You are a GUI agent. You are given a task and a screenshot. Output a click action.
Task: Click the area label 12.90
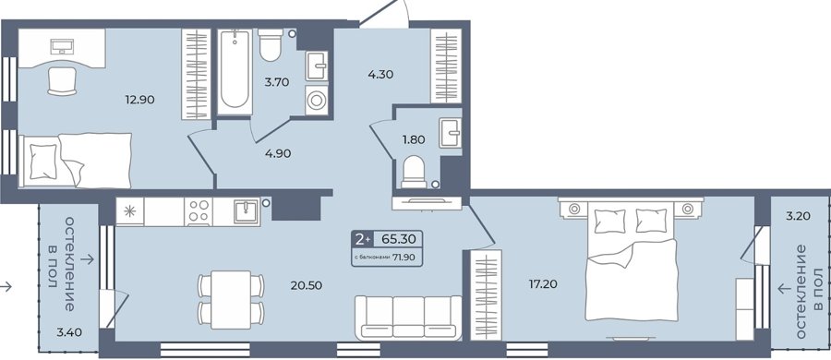click(140, 99)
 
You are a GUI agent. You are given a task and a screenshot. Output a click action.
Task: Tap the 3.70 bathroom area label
click(278, 81)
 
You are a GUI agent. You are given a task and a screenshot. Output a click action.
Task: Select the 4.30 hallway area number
click(380, 74)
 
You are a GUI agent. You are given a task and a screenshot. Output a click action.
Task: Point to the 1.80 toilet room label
click(414, 140)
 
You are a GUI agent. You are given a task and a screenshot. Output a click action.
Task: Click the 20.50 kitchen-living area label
click(307, 285)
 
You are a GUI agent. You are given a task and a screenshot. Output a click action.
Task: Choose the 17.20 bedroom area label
click(543, 284)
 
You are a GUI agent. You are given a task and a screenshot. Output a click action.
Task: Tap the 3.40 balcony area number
click(69, 333)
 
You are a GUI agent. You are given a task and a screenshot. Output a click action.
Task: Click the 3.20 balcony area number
click(798, 216)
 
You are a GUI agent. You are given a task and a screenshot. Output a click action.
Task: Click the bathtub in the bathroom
click(235, 71)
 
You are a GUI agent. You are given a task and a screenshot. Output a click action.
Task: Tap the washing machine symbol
click(317, 101)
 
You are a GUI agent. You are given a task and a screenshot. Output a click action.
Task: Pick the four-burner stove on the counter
click(199, 211)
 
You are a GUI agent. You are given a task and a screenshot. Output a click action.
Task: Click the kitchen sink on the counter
click(247, 211)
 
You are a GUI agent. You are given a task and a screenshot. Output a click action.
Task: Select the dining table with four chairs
click(231, 300)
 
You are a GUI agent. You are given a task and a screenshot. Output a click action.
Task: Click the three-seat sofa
click(408, 318)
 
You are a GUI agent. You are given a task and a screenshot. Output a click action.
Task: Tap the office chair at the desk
click(63, 81)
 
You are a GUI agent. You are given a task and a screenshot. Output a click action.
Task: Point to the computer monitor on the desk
click(62, 47)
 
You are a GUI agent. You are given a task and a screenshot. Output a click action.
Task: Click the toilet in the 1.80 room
click(414, 172)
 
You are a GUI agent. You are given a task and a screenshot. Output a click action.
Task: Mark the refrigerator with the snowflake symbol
click(130, 211)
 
